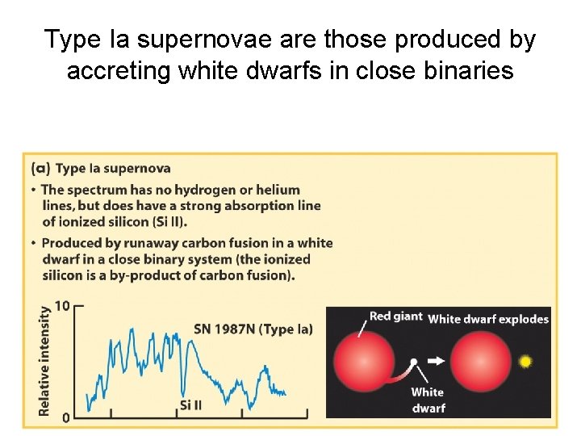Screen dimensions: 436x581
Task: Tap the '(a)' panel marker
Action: point(40,169)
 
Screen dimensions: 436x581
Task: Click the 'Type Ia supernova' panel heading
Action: point(113,169)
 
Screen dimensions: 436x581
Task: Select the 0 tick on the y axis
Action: point(66,417)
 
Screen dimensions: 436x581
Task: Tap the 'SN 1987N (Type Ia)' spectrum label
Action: point(253,329)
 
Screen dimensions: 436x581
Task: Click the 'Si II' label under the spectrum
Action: point(190,404)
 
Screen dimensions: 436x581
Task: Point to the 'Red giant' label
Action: point(395,317)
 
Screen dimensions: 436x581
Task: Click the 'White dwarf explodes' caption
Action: point(488,319)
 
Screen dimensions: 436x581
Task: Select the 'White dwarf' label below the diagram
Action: point(428,400)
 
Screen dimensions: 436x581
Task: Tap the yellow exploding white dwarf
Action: point(525,361)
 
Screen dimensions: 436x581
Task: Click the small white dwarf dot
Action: point(413,362)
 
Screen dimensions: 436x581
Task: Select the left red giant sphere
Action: point(364,362)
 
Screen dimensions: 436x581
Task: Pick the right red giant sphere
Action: point(481,362)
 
